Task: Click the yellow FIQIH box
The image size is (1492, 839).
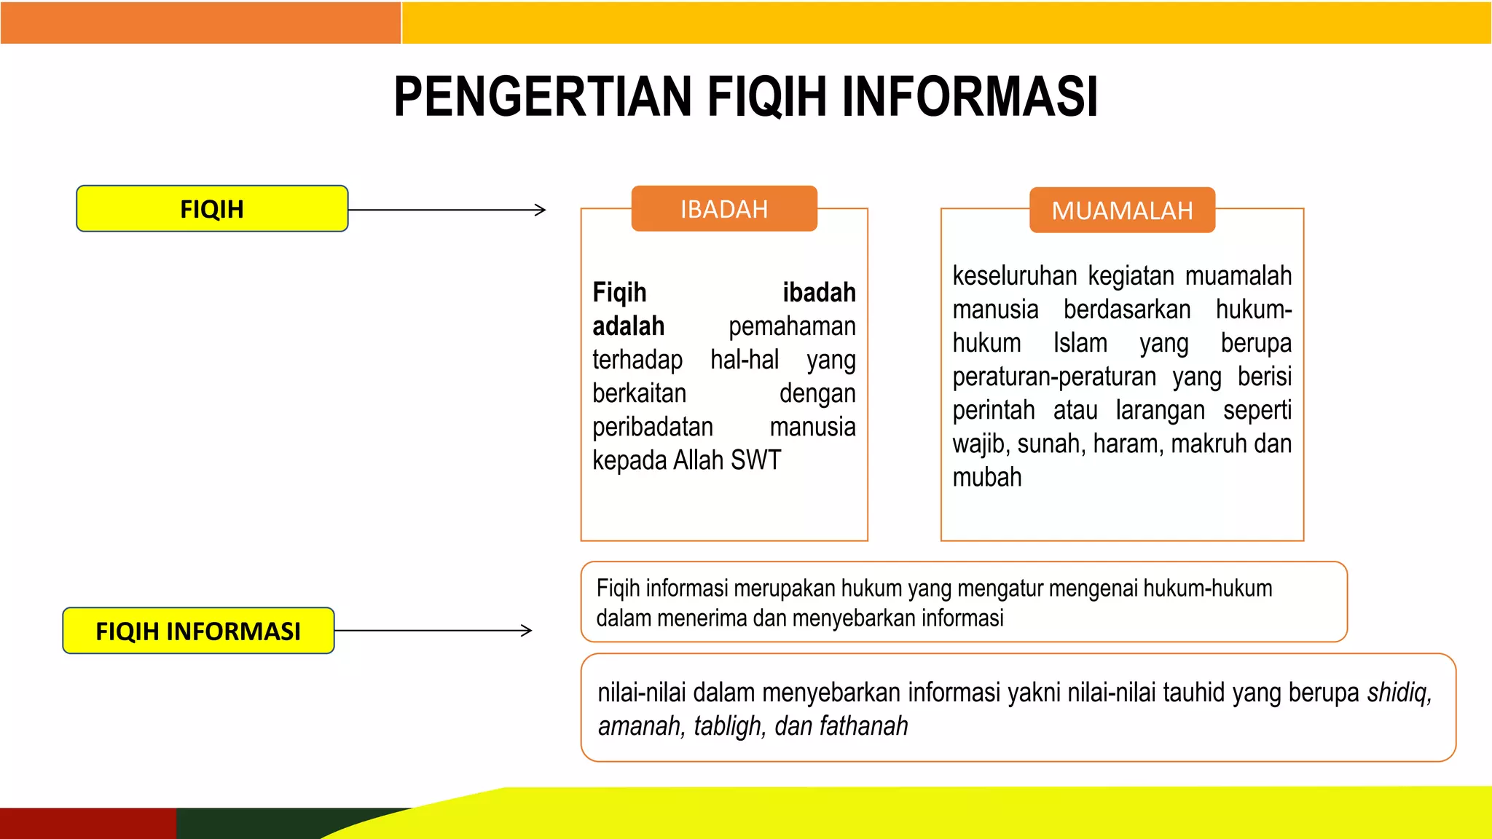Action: [212, 209]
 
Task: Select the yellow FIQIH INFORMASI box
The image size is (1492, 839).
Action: [198, 631]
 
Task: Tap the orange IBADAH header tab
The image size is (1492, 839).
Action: [724, 209]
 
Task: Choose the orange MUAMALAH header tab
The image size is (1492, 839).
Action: [1122, 210]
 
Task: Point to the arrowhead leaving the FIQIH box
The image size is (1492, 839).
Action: [541, 210]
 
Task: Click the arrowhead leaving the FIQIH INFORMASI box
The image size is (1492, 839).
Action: [527, 631]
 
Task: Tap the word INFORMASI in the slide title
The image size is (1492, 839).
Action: [970, 97]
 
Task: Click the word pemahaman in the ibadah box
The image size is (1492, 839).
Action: [792, 326]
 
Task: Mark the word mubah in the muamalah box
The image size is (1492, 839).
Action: [987, 477]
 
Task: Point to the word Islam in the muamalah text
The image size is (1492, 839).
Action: [1080, 343]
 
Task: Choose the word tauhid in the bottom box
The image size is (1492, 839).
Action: [1194, 693]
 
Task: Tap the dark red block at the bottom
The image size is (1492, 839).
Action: [87, 823]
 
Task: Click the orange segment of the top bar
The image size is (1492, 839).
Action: [200, 23]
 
